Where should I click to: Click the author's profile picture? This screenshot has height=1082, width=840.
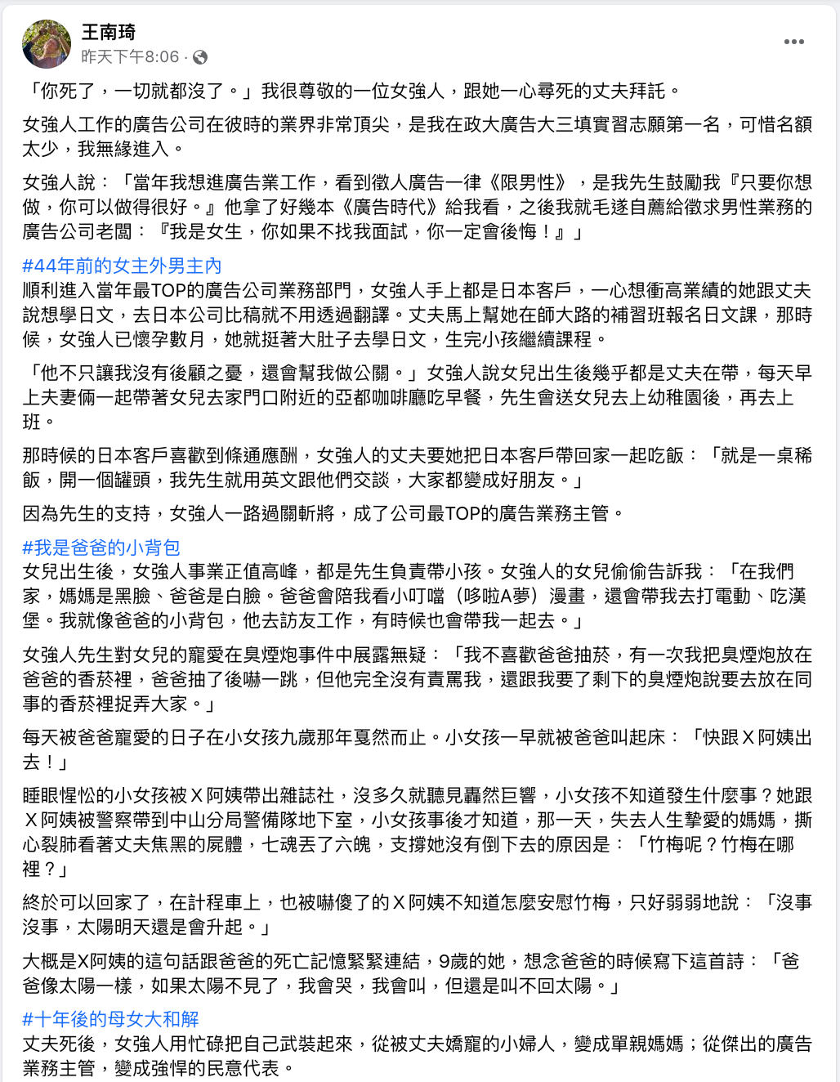pyautogui.click(x=47, y=44)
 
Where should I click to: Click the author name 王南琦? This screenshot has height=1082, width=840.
pyautogui.click(x=109, y=32)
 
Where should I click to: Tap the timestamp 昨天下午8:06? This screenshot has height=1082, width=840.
pyautogui.click(x=130, y=57)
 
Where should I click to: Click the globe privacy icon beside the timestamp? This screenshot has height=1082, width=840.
pyautogui.click(x=200, y=57)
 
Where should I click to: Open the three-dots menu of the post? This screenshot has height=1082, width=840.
pyautogui.click(x=793, y=42)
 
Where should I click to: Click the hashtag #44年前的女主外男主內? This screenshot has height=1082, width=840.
pyautogui.click(x=122, y=266)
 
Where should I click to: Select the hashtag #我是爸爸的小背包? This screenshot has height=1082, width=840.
pyautogui.click(x=101, y=547)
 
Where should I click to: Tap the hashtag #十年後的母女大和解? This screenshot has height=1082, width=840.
pyautogui.click(x=110, y=1019)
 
